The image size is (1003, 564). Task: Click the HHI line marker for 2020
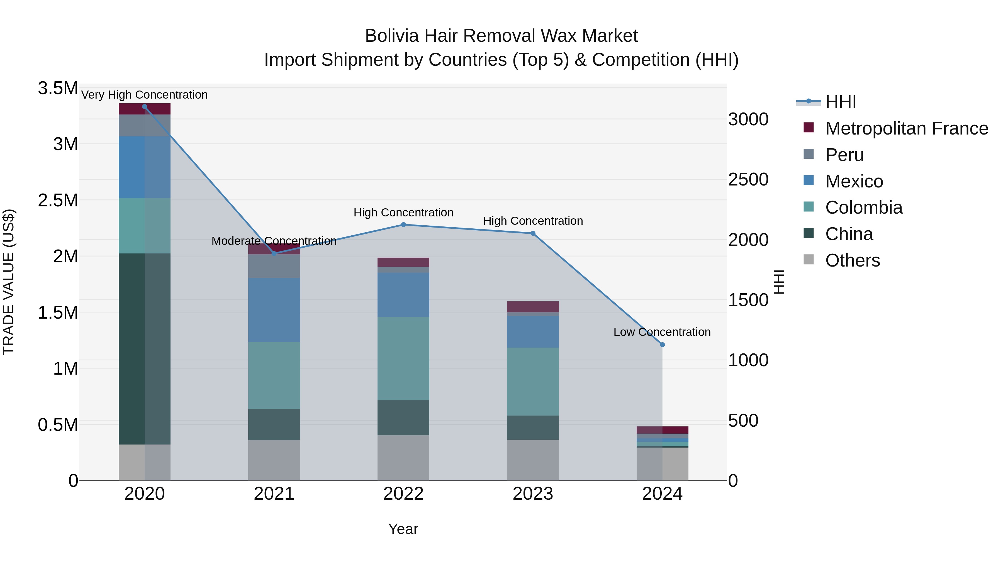point(144,107)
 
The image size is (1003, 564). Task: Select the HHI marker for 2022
point(403,224)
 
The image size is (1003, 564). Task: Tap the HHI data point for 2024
point(662,345)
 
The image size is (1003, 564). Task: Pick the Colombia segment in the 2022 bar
point(403,358)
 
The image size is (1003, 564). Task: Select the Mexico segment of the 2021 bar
point(274,309)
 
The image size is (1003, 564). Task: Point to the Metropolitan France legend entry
point(906,128)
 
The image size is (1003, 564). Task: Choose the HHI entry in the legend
point(840,102)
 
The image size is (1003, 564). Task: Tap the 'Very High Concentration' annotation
point(144,95)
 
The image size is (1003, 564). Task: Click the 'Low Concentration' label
point(662,332)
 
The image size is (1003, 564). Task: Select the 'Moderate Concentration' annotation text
point(274,241)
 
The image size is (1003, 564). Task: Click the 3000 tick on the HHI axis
point(748,119)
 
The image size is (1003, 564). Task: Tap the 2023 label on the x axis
point(533,494)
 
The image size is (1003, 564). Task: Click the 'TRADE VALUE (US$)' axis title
point(9,282)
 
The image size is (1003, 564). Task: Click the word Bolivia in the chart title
point(392,36)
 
